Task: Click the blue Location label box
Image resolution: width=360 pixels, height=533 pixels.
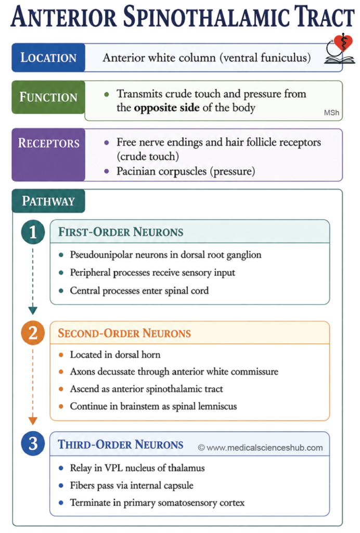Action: tap(48, 57)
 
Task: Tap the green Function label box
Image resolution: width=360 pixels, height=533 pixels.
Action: tap(48, 97)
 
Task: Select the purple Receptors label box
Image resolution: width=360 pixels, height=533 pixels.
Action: tap(48, 155)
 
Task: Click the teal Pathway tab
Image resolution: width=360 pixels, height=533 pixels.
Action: tap(48, 201)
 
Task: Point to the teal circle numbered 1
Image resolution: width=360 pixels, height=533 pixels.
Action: tap(33, 232)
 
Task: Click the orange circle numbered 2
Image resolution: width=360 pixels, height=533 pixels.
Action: tap(33, 333)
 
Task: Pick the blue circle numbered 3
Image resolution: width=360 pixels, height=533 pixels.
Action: tap(33, 443)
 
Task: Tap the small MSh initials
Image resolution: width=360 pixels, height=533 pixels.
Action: tap(331, 113)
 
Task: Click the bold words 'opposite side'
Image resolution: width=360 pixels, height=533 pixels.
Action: tap(167, 108)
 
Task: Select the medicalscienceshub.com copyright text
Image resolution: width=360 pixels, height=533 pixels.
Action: tap(261, 448)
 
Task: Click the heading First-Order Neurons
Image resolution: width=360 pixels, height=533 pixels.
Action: tap(121, 232)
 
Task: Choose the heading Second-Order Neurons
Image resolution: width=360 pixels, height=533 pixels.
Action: tap(124, 333)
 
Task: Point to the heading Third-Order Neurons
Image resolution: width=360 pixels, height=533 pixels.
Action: tap(121, 445)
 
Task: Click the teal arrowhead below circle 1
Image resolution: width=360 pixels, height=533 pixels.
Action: tap(33, 310)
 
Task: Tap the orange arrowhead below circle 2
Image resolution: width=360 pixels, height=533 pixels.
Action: tap(33, 421)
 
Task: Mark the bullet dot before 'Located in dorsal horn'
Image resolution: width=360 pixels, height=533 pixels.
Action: tap(61, 355)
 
